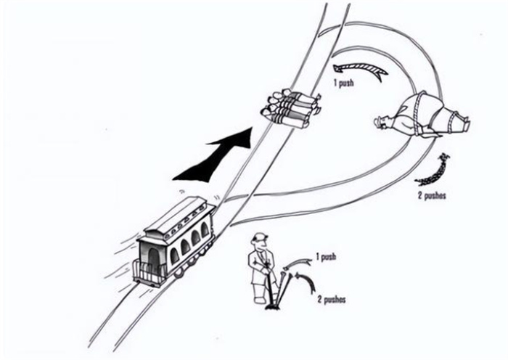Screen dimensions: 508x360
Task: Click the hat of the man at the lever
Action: click(261, 237)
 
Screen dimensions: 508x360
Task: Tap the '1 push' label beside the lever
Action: click(326, 257)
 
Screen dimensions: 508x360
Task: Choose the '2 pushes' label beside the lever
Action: click(332, 300)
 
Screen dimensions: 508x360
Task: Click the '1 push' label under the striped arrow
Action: click(344, 83)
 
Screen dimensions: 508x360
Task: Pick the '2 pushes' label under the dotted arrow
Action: click(432, 195)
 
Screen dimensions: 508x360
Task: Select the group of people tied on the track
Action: click(292, 109)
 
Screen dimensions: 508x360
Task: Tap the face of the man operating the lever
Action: click(263, 247)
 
